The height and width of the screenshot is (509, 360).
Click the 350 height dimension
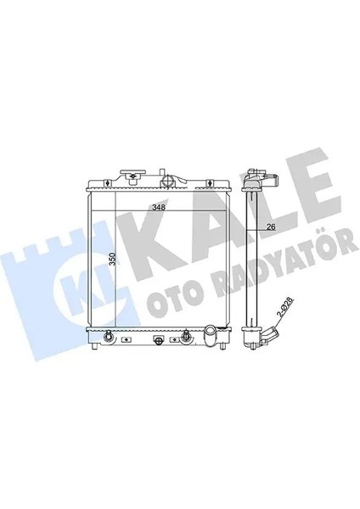point(111,259)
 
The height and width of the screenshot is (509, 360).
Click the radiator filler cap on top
point(132,179)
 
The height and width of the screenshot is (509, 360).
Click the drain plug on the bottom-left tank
point(108,339)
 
